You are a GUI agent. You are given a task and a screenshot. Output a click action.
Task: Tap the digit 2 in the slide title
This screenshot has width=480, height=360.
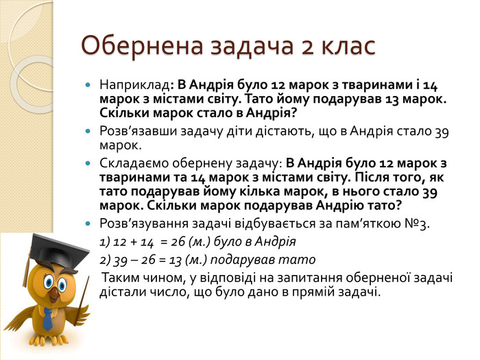coord(308,47)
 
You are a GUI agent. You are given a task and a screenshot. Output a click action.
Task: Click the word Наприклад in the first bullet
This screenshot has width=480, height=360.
coord(134,86)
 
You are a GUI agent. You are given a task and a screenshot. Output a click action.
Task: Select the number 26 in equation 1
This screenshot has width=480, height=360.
coord(178,242)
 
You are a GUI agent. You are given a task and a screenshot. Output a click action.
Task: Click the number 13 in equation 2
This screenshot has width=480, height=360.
coord(176,261)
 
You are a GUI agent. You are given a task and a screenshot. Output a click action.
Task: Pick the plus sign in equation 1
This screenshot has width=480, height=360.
coord(134,243)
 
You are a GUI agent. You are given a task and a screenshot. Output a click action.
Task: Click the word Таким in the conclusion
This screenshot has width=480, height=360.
coord(121,278)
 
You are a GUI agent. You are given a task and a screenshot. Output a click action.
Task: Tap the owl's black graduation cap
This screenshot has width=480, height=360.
coord(57,250)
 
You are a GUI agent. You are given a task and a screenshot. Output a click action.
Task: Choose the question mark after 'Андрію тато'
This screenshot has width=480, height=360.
coord(398,206)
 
